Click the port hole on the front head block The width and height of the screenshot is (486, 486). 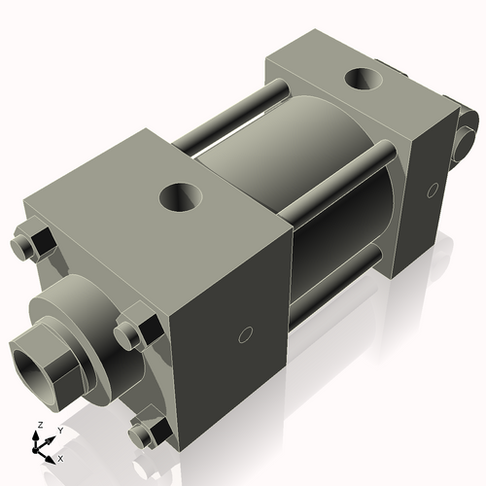click(182, 199)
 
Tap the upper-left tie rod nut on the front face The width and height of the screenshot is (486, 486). click(36, 243)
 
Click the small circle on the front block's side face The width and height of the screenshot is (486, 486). click(245, 335)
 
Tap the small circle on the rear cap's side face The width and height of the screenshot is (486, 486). click(432, 191)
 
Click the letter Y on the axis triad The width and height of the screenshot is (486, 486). click(59, 430)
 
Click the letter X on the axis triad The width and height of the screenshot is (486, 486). click(60, 457)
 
